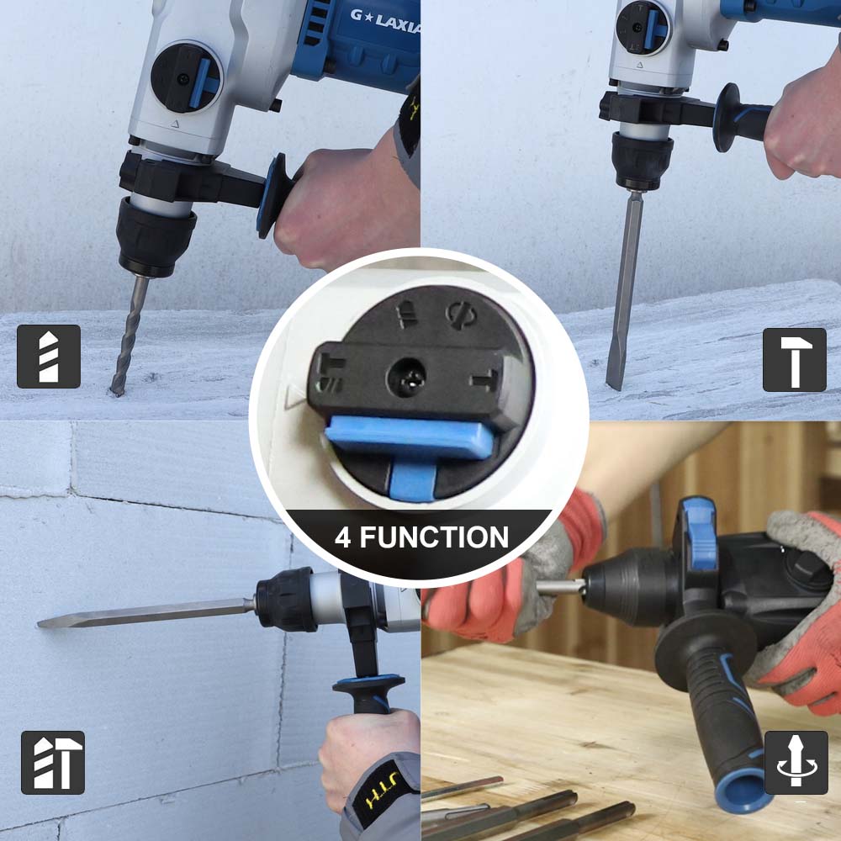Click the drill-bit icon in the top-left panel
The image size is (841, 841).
(x=48, y=356)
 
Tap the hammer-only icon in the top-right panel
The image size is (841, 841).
(x=795, y=359)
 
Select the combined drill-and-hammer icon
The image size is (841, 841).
(x=52, y=762)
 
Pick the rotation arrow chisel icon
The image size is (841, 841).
(x=796, y=762)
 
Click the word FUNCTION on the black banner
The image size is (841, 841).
(x=434, y=537)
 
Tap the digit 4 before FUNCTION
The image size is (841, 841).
(x=343, y=537)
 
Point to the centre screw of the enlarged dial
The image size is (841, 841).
(x=406, y=378)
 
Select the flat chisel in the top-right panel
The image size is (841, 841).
(x=624, y=289)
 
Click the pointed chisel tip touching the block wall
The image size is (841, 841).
(x=39, y=624)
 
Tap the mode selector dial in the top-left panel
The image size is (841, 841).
(x=186, y=78)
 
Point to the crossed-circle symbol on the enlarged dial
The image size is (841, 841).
(x=461, y=316)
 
